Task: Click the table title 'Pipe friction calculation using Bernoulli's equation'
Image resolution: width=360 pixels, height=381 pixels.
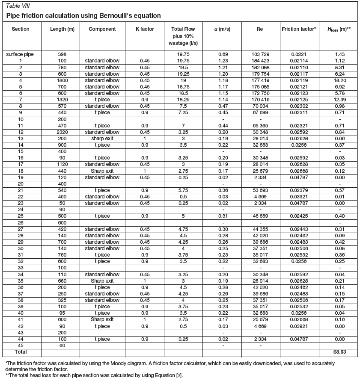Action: pyautogui.click(x=83, y=16)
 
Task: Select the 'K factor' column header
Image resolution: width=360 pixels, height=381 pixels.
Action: pyautogui.click(x=144, y=29)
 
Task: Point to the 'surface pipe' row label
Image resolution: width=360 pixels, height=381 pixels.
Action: pyautogui.click(x=21, y=54)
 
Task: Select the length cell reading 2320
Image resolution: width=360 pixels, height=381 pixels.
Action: pyautogui.click(x=61, y=132)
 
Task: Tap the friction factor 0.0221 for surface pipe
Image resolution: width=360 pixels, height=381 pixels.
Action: pyautogui.click(x=299, y=54)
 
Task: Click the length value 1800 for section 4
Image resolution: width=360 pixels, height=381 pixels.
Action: pyautogui.click(x=61, y=80)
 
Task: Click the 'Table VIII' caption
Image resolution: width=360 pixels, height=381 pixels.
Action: pyautogui.click(x=18, y=6)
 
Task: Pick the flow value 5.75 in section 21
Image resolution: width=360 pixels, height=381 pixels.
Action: pyautogui.click(x=183, y=190)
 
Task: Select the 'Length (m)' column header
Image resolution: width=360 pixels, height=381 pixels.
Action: pyautogui.click(x=61, y=29)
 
